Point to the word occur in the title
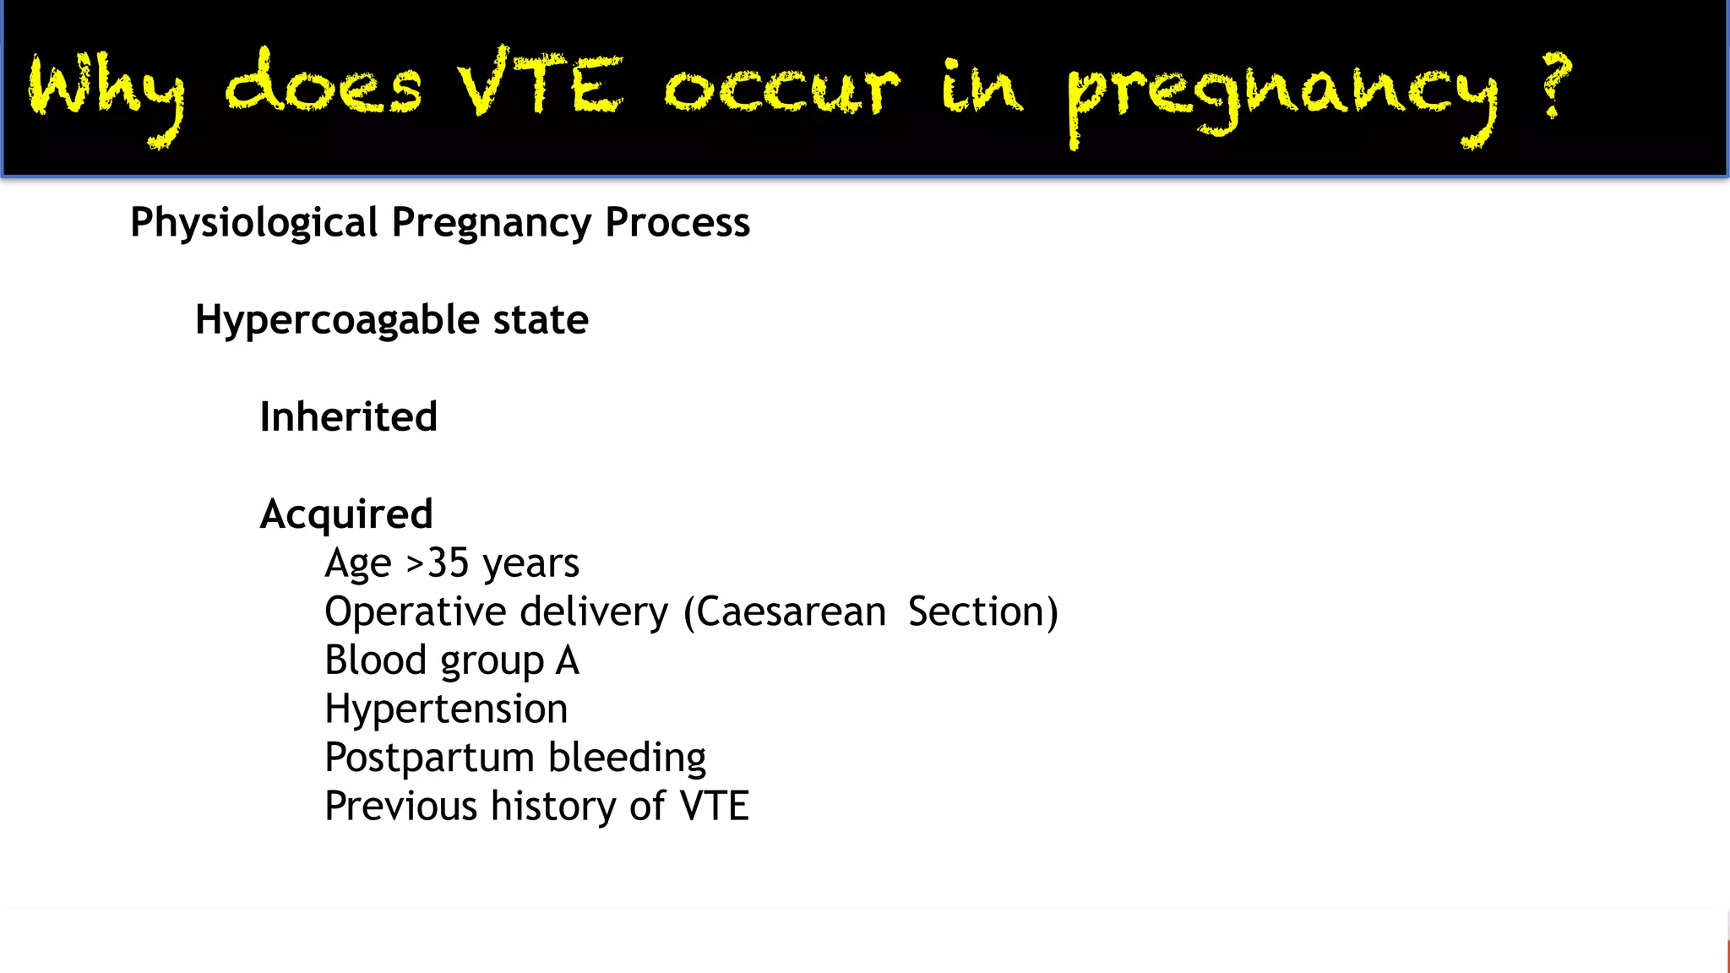pos(781,89)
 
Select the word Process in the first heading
pos(677,222)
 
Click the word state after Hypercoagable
pos(541,320)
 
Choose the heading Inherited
pos(348,417)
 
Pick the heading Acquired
pos(346,514)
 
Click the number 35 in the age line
pos(448,563)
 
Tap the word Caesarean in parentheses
pos(790,612)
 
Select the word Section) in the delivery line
pos(982,612)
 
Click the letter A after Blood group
pos(568,660)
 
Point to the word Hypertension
pos(446,709)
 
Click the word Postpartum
pos(429,758)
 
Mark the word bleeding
pos(627,758)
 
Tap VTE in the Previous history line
pos(715,806)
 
